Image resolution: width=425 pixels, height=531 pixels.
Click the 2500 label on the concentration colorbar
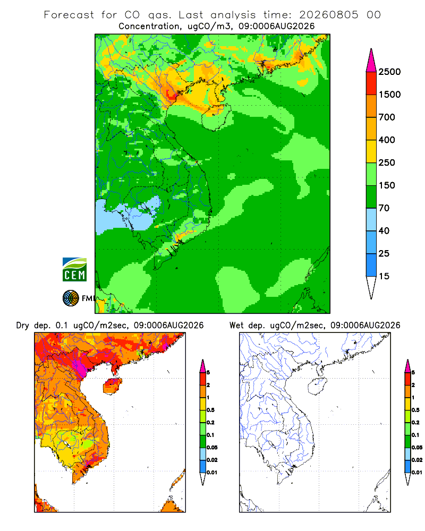tap(389, 72)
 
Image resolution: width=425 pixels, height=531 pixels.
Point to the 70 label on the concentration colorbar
tap(384, 208)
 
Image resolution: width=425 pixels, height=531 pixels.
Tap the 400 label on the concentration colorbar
tap(387, 140)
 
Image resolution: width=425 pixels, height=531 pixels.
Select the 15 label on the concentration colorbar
tap(384, 276)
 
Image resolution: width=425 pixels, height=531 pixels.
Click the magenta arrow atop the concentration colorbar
tap(371, 62)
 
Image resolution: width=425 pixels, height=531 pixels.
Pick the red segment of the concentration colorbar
tap(371, 83)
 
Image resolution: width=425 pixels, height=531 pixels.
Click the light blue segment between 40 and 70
tap(371, 219)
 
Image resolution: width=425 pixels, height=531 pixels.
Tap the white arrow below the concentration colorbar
tap(371, 286)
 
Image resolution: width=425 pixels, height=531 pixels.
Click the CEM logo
tap(74, 269)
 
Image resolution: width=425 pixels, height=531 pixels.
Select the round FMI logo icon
tap(71, 298)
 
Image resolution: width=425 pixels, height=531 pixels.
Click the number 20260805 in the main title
tap(328, 15)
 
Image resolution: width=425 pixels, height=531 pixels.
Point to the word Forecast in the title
tap(69, 15)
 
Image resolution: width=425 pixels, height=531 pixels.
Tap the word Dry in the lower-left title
tap(22, 326)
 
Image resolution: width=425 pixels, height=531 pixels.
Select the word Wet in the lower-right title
tap(236, 326)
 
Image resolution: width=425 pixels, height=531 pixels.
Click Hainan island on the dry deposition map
tap(113, 386)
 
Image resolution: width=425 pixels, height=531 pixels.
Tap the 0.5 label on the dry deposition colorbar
tap(210, 410)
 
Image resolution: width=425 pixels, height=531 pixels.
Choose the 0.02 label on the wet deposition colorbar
tap(417, 460)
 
